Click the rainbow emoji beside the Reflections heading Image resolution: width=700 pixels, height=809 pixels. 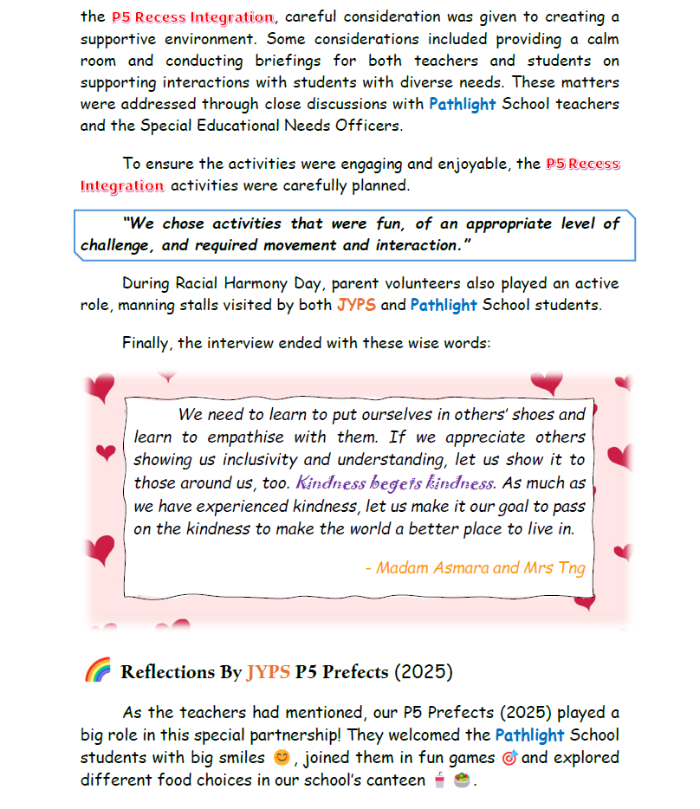click(x=97, y=670)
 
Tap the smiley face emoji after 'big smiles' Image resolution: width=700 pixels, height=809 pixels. click(x=281, y=758)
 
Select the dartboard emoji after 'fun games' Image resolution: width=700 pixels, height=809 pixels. click(x=509, y=758)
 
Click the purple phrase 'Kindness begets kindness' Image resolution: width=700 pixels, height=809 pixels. click(x=395, y=482)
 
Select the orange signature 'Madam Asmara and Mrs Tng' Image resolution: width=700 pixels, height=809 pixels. click(x=475, y=568)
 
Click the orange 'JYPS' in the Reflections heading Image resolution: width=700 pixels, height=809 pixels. click(x=268, y=672)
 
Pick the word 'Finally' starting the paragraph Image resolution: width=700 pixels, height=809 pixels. click(x=146, y=343)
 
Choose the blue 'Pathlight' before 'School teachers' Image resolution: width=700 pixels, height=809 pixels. click(x=463, y=104)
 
